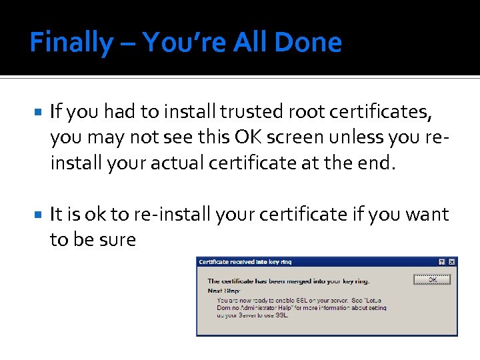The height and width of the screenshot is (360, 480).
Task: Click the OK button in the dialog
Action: click(x=433, y=279)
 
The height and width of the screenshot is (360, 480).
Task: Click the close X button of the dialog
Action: click(x=452, y=262)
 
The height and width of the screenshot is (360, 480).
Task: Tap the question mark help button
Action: click(x=441, y=262)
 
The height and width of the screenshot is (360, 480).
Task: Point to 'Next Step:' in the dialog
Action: click(x=223, y=291)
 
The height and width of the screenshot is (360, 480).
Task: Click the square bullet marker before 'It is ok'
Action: click(x=37, y=215)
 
